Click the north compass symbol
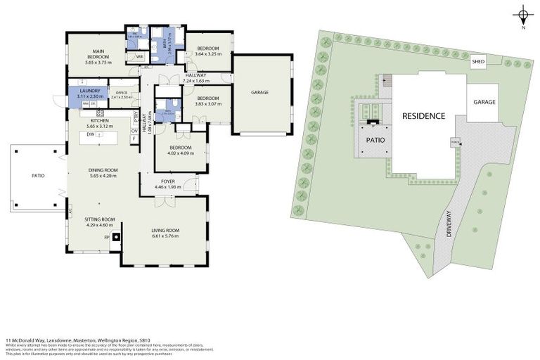click(x=523, y=15)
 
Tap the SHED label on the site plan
click(x=478, y=62)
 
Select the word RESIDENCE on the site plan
click(x=423, y=115)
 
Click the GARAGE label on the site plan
click(x=484, y=102)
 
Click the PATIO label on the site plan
click(x=373, y=139)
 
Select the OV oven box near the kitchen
click(x=134, y=131)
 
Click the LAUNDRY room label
click(x=89, y=91)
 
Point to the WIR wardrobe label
click(x=139, y=57)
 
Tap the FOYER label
click(x=167, y=181)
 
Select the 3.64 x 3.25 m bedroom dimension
click(x=207, y=53)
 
